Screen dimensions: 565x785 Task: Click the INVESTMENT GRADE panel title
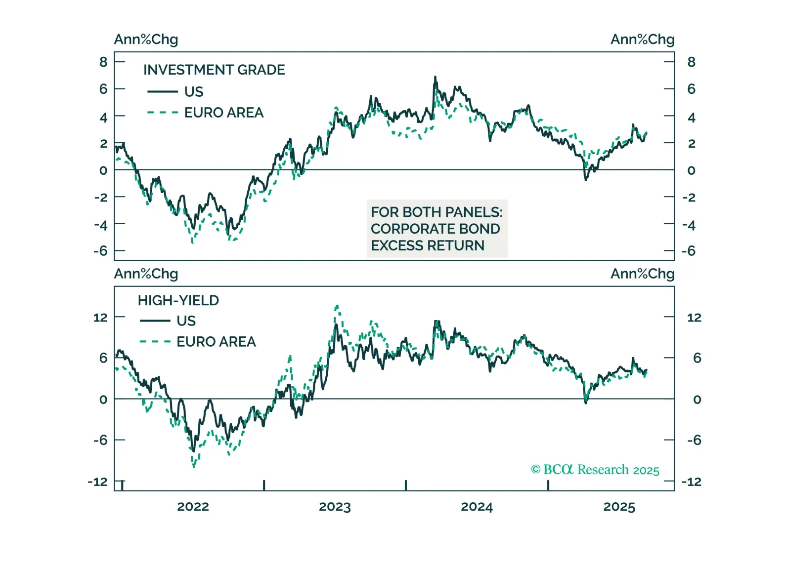[x=214, y=70]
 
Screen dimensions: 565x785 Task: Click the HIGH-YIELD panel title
[x=178, y=300]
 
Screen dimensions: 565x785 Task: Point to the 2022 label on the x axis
[x=193, y=507]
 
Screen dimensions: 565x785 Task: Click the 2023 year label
[x=335, y=507]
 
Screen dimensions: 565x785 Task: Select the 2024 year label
[x=477, y=507]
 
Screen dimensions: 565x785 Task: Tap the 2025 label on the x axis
[x=619, y=507]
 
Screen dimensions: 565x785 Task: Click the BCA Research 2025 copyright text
[x=595, y=469]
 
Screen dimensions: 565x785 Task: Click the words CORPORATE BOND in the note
[x=435, y=229]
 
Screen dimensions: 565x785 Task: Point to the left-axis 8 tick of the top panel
[x=103, y=62]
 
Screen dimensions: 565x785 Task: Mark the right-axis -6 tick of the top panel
[x=689, y=251]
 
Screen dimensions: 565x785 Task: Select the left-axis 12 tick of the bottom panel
[x=100, y=317]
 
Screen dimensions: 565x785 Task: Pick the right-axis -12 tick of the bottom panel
[x=691, y=482]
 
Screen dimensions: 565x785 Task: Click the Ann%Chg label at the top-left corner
[x=146, y=39]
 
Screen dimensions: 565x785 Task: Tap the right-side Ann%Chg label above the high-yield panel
[x=642, y=274]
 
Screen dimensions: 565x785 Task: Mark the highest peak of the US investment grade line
[x=435, y=77]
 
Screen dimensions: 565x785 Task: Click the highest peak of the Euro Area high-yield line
[x=337, y=306]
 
